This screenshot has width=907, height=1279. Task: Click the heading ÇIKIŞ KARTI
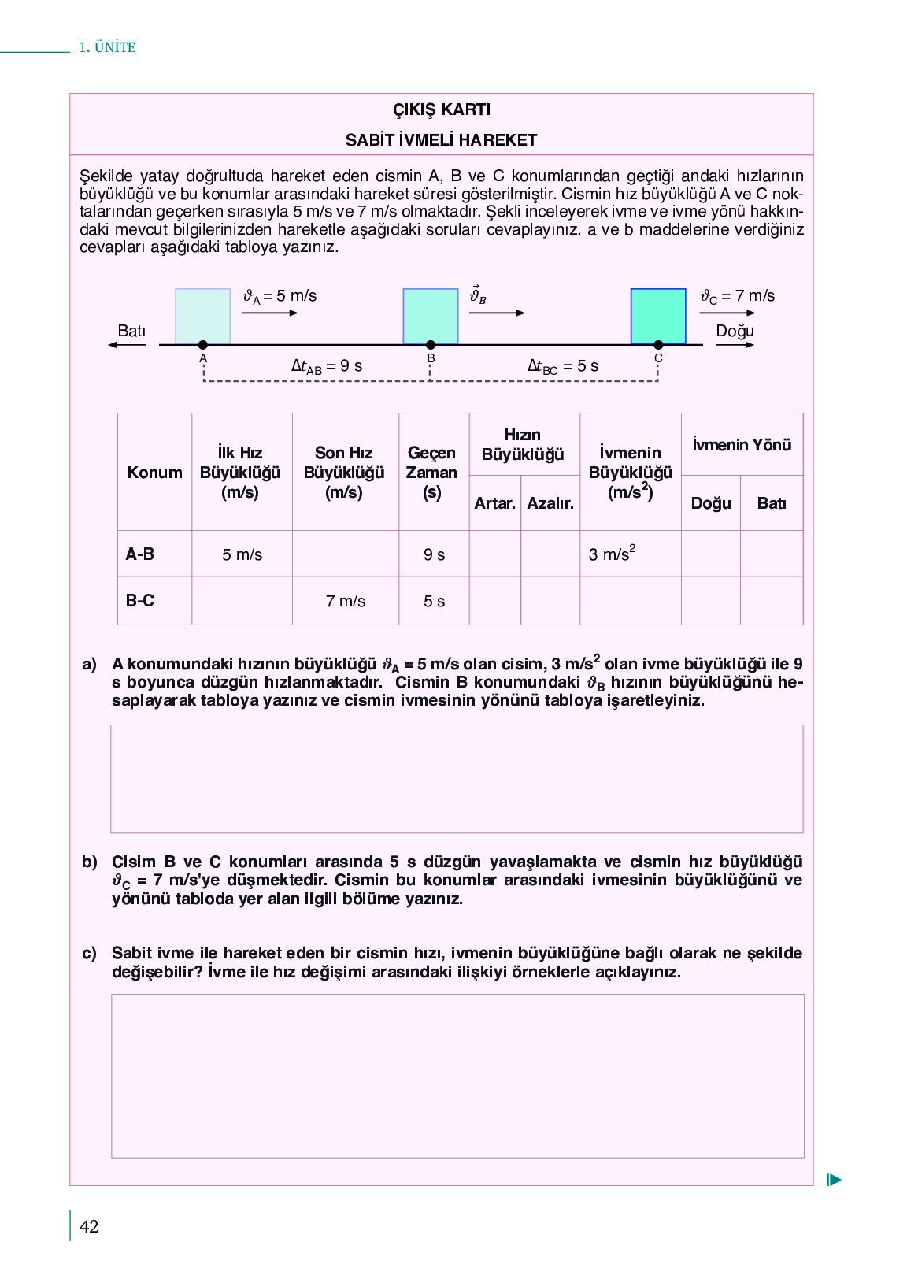pos(441,109)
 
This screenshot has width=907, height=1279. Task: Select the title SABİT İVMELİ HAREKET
pos(441,140)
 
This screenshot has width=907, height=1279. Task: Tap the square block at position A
pos(202,316)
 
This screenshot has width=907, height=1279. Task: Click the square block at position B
pos(430,316)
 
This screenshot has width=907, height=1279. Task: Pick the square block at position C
pos(658,316)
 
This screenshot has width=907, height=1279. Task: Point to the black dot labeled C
pos(658,345)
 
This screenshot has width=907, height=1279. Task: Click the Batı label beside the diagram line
pos(131,331)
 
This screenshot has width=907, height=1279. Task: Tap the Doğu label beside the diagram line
pos(735,331)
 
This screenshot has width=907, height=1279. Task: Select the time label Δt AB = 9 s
pos(327,366)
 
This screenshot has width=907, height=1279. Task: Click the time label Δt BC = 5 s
pos(563,366)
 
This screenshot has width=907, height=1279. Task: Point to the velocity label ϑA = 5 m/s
pos(280,296)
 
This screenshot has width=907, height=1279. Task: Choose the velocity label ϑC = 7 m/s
pos(738,296)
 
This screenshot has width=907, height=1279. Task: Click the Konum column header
pos(154,473)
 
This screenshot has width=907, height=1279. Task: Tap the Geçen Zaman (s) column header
pos(432,473)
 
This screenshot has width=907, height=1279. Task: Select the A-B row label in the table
pos(140,554)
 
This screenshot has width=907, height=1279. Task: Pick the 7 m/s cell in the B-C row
pos(346,602)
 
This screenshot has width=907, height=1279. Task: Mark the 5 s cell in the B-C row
pos(434,602)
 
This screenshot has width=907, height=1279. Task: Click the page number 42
pos(89,1226)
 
